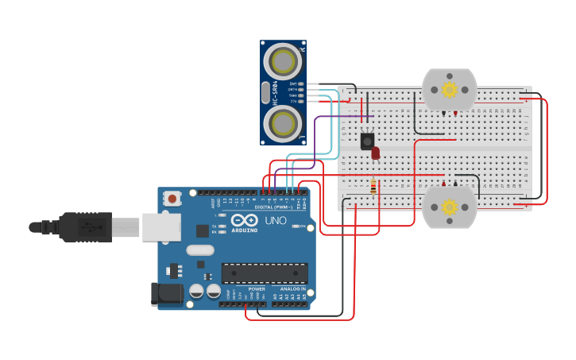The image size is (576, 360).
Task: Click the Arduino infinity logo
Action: [x=246, y=220]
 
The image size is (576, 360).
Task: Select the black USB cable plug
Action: [x=83, y=226]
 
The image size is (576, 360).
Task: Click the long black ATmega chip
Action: [x=264, y=273]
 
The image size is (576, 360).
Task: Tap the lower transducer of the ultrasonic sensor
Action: [x=283, y=123]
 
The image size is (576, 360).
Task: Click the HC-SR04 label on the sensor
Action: [x=275, y=92]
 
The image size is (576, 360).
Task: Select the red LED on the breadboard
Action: [x=376, y=153]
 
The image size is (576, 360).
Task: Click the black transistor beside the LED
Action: [x=367, y=141]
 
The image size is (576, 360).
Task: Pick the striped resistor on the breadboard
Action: [x=373, y=187]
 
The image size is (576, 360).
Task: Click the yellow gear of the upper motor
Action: [x=449, y=89]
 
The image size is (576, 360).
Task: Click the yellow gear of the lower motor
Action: [x=449, y=207]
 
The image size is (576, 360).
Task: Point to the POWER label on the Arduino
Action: [x=257, y=288]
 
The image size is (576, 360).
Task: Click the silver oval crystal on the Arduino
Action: [x=200, y=250]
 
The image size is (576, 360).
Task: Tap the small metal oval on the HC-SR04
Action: [x=265, y=92]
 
